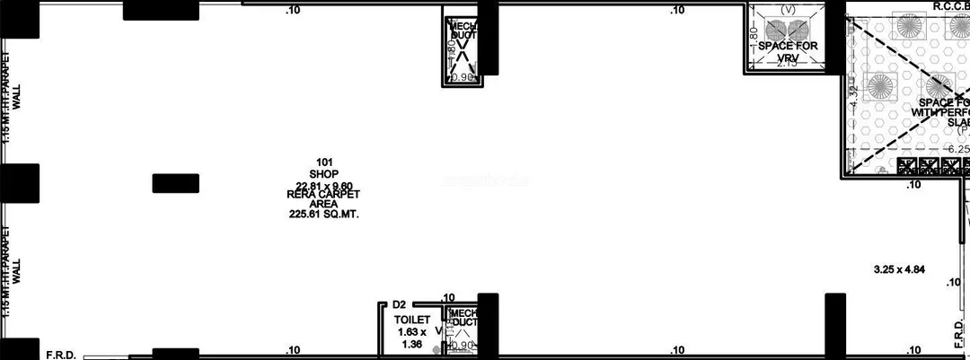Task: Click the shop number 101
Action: coord(324,162)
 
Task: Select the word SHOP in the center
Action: coord(322,174)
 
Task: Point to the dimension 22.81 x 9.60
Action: coord(324,186)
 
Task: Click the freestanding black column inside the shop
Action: coord(175,183)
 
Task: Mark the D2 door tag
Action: coord(399,305)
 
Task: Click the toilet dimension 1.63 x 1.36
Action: coord(412,337)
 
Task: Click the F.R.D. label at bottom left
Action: coord(62,355)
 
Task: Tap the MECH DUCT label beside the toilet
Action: coord(464,317)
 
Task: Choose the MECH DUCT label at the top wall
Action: coord(463,31)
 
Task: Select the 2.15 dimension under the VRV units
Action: coord(787,63)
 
